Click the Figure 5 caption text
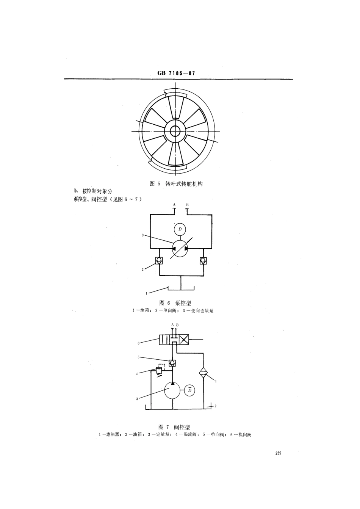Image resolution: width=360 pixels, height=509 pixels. coord(176,183)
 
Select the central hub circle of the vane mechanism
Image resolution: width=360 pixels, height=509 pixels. coord(175,132)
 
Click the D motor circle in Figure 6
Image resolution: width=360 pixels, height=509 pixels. coord(180,229)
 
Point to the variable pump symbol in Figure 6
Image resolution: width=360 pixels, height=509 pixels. coord(180,248)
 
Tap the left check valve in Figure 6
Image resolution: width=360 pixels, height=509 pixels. coord(159,260)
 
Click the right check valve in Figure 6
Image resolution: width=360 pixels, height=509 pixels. coord(203,260)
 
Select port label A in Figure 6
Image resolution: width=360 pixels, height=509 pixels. coord(174,205)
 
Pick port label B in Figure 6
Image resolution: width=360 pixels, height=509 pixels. coord(187,205)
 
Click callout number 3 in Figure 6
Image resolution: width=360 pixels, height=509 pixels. coord(143,235)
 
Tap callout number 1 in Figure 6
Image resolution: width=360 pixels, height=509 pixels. coord(147,293)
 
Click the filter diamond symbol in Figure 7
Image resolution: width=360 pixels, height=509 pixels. coord(204,373)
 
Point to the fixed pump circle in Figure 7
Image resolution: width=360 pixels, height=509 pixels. coord(173,390)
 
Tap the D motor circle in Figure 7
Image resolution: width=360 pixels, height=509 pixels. coord(190,390)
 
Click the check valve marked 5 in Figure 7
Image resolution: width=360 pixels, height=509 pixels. coord(172,363)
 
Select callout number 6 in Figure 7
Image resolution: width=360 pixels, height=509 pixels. coord(139,343)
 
